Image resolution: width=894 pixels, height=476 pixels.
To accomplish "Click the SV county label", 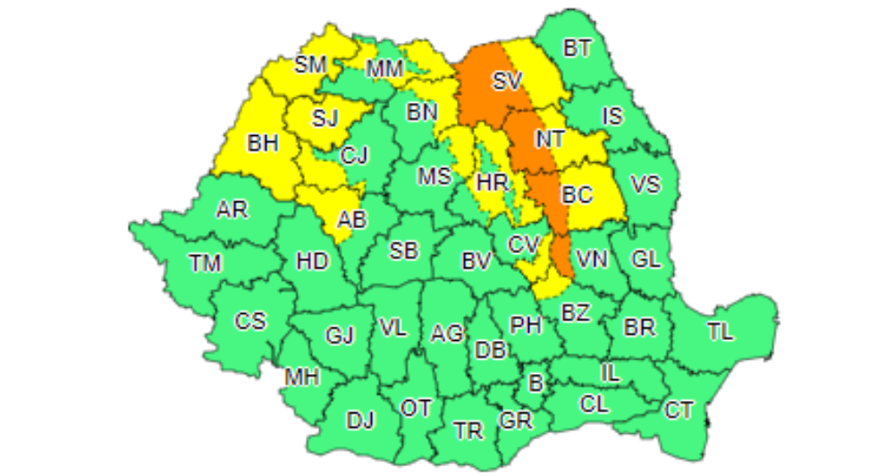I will coord(507,81).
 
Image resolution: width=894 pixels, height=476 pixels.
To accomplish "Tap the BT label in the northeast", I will coord(578,47).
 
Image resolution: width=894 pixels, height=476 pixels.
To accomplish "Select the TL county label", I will coord(720,332).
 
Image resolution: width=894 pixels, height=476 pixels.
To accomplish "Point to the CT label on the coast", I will coord(679,411).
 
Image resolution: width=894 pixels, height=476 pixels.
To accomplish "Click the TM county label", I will coord(205,263).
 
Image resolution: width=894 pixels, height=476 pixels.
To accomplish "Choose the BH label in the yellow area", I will coord(263,142).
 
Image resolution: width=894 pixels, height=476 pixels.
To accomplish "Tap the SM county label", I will coord(311,64).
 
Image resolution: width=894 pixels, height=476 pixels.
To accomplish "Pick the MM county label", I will coord(384,68).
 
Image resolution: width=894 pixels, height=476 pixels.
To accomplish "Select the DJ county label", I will coord(360,420).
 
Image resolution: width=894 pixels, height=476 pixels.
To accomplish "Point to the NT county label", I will coord(549,139).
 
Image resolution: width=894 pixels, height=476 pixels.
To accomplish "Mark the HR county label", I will coord(493,183).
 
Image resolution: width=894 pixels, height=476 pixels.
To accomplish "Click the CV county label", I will coord(525,243).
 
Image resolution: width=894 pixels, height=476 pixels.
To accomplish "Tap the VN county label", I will coord(591,259).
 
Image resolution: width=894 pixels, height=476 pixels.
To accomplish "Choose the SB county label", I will coord(403,251).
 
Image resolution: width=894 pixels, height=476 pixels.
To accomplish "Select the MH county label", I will coord(302,378).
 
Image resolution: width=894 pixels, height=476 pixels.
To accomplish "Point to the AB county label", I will coord(351,219).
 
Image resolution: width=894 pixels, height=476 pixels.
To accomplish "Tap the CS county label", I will coord(250,320).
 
